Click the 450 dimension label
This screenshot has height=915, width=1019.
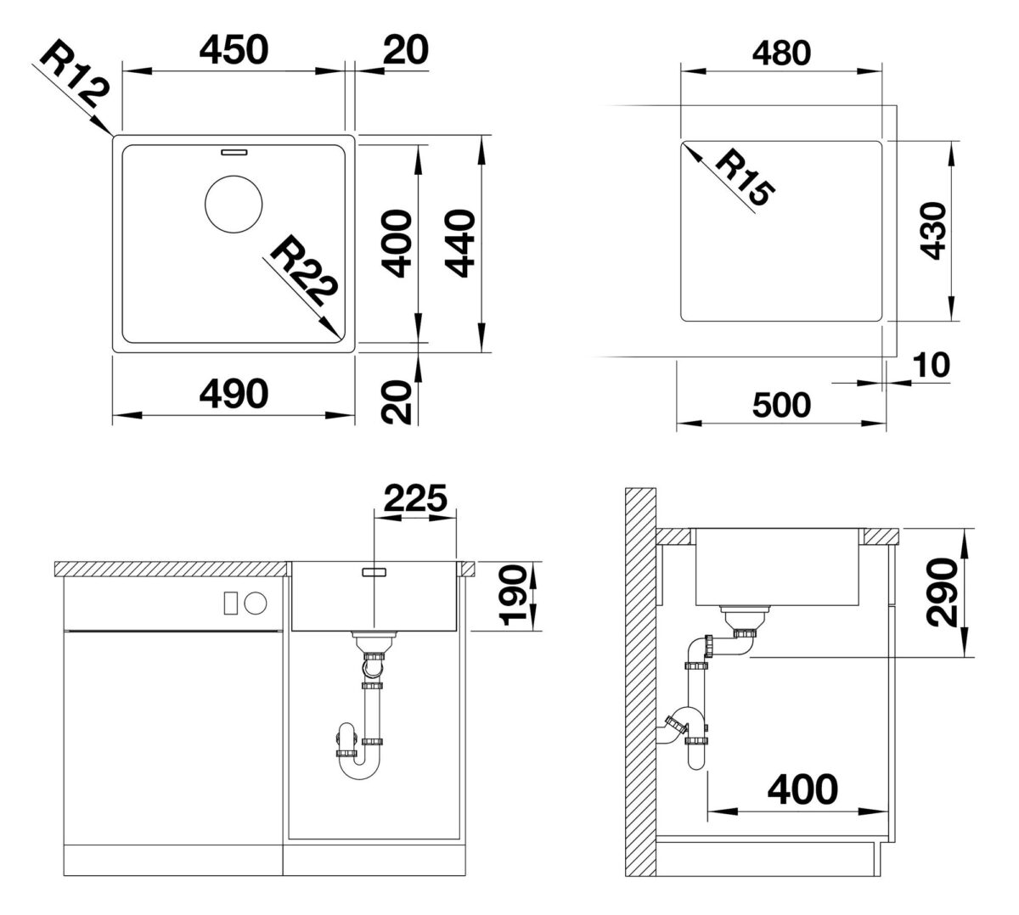[x=234, y=50]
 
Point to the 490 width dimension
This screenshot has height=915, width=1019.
[x=234, y=394]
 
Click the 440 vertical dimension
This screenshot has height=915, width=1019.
[x=460, y=244]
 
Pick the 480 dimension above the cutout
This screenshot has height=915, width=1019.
[x=781, y=53]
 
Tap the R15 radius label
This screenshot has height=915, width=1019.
[x=745, y=179]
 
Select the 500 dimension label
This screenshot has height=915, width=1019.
[x=781, y=405]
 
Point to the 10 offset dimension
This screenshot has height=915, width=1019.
[x=932, y=365]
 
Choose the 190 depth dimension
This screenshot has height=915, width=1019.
[x=514, y=596]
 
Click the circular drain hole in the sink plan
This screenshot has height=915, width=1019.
[x=234, y=204]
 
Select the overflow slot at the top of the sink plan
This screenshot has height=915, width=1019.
[x=234, y=151]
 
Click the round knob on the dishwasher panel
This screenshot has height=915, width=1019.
[x=256, y=603]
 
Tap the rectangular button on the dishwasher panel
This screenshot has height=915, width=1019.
[x=230, y=603]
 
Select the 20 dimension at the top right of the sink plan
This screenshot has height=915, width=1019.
[x=406, y=50]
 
